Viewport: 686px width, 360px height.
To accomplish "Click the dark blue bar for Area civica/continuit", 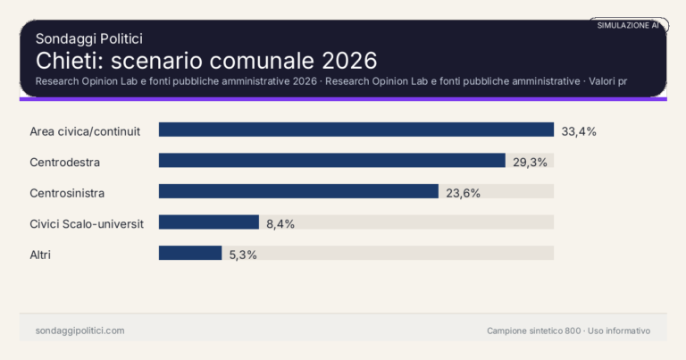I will [x=356, y=130].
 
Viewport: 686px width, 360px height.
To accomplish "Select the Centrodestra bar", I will [x=332, y=161].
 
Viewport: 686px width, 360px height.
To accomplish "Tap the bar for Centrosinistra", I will [x=298, y=191].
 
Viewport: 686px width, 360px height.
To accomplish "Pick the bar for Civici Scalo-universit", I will [x=209, y=222].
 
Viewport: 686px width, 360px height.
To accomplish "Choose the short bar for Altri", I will [x=190, y=253].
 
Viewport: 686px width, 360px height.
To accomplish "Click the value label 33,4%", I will [x=579, y=131].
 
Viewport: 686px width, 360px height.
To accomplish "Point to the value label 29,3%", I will [x=530, y=162].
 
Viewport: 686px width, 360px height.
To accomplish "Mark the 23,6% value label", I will [x=464, y=192].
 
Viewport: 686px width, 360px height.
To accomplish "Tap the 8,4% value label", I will [x=280, y=223].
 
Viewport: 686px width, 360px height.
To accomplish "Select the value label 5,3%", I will [x=243, y=255].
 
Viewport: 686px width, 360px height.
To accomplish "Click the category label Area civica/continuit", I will [x=86, y=131].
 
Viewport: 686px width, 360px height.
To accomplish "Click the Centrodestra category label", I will [x=64, y=162].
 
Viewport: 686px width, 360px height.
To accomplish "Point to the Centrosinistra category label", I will [x=68, y=192].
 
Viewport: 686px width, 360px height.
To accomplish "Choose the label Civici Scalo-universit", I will [x=87, y=223].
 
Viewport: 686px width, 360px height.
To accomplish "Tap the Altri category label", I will [x=40, y=255].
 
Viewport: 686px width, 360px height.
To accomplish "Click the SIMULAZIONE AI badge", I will [x=628, y=26].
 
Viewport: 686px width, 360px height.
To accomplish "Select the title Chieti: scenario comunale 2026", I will [x=206, y=61].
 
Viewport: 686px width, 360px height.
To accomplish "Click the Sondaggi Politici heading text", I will [x=89, y=38].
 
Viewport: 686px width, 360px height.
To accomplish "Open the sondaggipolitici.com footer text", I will [x=79, y=331].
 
